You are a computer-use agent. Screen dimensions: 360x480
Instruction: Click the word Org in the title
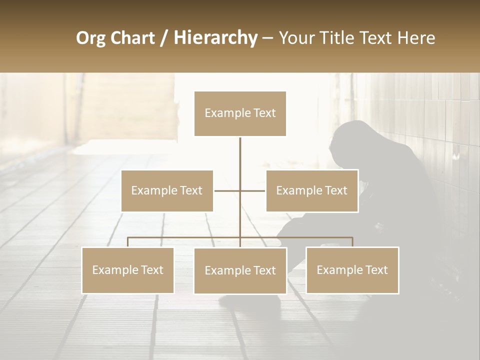pyautogui.click(x=90, y=38)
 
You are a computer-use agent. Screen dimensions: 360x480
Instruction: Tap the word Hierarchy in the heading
pyautogui.click(x=215, y=38)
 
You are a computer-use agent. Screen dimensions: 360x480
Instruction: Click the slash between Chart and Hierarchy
pyautogui.click(x=164, y=38)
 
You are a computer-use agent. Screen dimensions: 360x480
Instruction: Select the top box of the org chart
pyautogui.click(x=240, y=113)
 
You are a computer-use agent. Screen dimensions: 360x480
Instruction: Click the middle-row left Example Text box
pyautogui.click(x=167, y=190)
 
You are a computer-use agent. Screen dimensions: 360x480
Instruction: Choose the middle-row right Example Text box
pyautogui.click(x=312, y=190)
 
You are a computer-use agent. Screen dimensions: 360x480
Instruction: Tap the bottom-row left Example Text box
pyautogui.click(x=128, y=270)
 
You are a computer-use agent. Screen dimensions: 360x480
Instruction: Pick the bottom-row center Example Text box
pyautogui.click(x=240, y=270)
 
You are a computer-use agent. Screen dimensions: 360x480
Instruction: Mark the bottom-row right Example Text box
pyautogui.click(x=352, y=270)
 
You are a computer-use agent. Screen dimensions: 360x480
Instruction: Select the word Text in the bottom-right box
pyautogui.click(x=375, y=270)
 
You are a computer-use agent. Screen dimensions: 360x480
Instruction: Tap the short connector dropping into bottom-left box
pyautogui.click(x=128, y=242)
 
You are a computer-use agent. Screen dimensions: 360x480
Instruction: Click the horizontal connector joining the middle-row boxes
pyautogui.click(x=227, y=190)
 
